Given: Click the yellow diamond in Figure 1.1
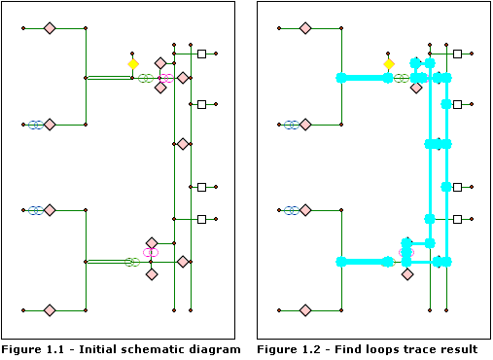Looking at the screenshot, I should pos(133,64).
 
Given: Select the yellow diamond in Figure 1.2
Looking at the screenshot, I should pos(389,64).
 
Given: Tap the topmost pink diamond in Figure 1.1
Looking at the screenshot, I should pos(50,28).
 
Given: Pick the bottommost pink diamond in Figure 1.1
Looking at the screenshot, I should pos(50,310).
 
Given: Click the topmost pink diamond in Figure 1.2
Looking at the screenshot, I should pos(305,28).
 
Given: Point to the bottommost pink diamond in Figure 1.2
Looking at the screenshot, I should pos(305,310).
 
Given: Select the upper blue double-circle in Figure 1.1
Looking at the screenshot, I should pos(35,125).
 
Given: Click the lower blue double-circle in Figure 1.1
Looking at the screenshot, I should pos(35,210).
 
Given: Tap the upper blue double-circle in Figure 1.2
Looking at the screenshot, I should pos(291,125).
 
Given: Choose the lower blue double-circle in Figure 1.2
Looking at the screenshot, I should pos(291,210).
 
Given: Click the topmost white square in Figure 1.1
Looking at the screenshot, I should pos(202,54).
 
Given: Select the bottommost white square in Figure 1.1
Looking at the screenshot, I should pos(202,220).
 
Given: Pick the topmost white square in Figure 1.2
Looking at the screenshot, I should pos(458,54).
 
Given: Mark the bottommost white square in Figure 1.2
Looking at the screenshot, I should pos(458,220).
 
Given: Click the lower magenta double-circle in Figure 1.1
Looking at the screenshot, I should pos(150,252).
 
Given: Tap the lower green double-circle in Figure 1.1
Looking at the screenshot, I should pos(131,262).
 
